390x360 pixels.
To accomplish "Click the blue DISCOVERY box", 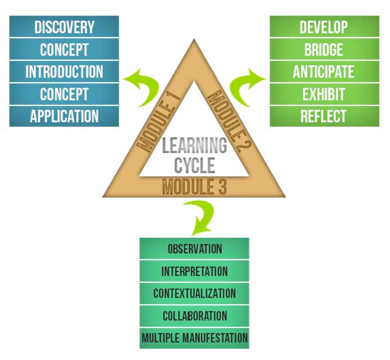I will [x=64, y=27].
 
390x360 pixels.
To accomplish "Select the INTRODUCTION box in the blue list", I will [x=64, y=71].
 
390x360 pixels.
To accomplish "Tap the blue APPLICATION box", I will [x=64, y=116].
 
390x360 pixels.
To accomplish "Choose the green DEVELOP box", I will [x=324, y=27].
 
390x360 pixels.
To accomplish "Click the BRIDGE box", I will [x=324, y=50].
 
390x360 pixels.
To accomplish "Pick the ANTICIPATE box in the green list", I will [x=324, y=71].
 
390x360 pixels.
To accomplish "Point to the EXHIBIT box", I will [x=324, y=94].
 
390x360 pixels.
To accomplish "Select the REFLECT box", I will [x=324, y=116].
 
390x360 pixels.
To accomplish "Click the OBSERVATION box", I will [x=194, y=248].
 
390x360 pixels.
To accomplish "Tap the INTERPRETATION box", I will [x=194, y=271].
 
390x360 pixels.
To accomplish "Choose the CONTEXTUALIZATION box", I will [x=194, y=294].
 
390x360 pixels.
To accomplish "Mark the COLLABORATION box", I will [x=194, y=316].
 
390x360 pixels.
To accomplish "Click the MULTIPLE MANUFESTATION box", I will [x=194, y=339].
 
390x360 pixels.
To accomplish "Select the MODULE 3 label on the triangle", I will [x=194, y=186].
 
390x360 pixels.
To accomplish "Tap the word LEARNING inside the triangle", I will [x=194, y=146].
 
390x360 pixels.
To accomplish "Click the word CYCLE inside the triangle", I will [x=194, y=165].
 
